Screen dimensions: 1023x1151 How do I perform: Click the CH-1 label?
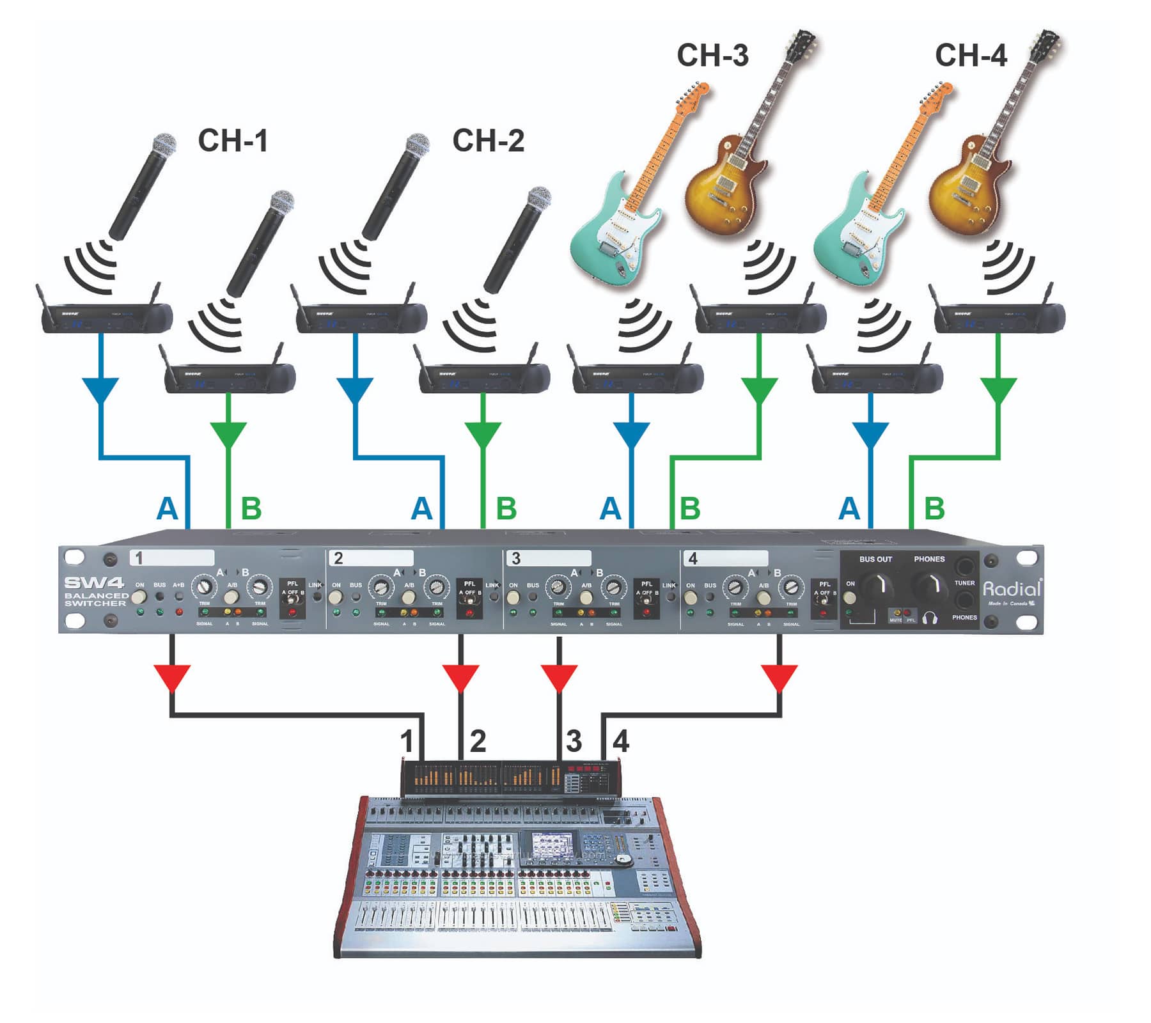pyautogui.click(x=233, y=141)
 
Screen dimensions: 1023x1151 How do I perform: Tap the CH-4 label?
pyautogui.click(x=971, y=56)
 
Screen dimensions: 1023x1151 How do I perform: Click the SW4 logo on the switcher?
pyautogui.click(x=94, y=583)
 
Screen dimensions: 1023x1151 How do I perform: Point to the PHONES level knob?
pyautogui.click(x=929, y=584)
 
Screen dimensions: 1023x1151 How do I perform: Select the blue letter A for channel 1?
pyautogui.click(x=167, y=509)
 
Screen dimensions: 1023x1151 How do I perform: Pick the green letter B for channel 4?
pyautogui.click(x=934, y=509)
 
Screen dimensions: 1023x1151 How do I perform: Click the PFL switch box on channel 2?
pyautogui.click(x=470, y=598)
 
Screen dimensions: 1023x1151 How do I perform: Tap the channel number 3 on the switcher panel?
pyautogui.click(x=516, y=558)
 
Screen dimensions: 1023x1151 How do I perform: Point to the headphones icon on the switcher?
pyautogui.click(x=929, y=619)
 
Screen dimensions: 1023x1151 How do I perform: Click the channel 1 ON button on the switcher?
pyautogui.click(x=139, y=597)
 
